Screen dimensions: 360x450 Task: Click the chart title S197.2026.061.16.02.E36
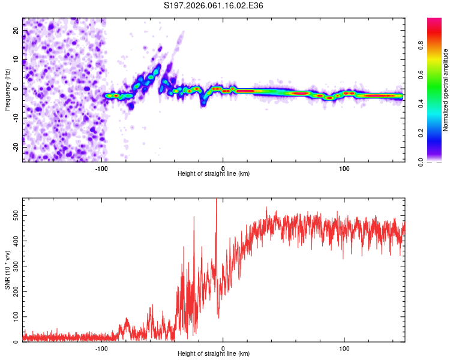[213, 5]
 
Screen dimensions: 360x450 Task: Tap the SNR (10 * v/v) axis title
[7, 270]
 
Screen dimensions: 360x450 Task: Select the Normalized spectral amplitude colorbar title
[446, 90]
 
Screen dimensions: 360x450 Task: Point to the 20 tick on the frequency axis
[16, 31]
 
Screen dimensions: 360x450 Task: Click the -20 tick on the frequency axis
[15, 147]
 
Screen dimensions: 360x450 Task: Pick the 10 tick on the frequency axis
[16, 60]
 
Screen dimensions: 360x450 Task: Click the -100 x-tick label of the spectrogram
[101, 169]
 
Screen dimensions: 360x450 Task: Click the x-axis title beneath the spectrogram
[213, 174]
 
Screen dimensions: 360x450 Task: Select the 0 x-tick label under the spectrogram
[223, 169]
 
